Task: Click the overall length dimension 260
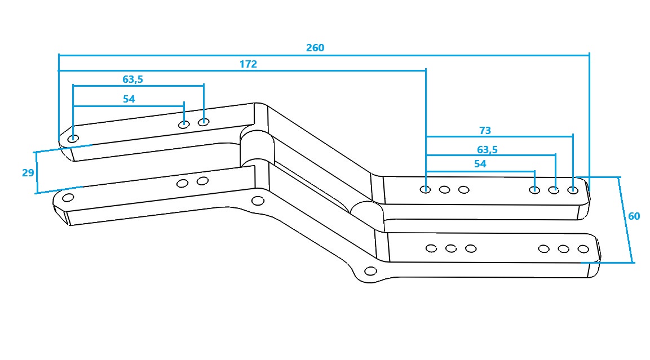(315, 48)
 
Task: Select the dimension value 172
(248, 64)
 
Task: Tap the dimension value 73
(485, 131)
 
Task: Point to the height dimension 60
(634, 216)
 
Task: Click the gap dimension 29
(28, 173)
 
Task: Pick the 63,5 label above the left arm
(132, 79)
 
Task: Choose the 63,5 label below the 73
(487, 150)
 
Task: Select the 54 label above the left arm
(129, 99)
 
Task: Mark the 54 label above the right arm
(480, 164)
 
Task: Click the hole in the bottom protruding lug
(370, 271)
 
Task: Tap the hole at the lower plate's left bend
(258, 201)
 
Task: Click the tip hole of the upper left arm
(73, 139)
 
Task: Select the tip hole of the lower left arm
(68, 197)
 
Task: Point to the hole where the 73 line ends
(572, 189)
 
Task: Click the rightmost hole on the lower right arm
(583, 248)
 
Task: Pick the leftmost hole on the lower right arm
(431, 248)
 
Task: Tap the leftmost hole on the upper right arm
(426, 189)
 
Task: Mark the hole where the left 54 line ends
(184, 124)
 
